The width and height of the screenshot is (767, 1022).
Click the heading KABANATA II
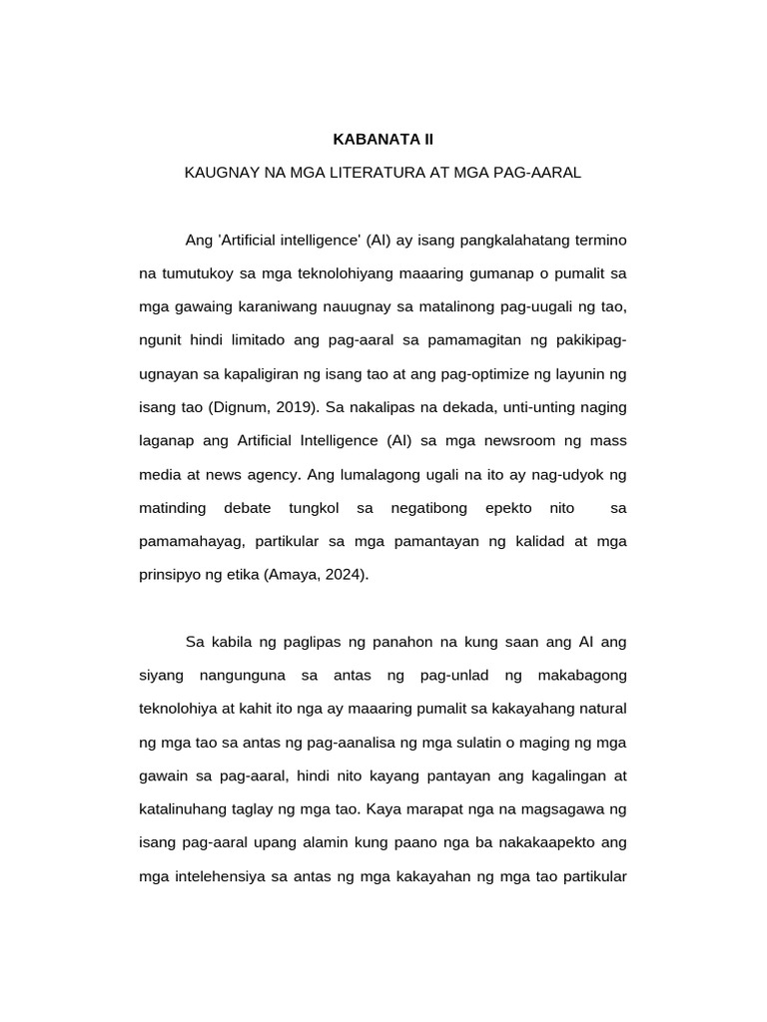click(383, 139)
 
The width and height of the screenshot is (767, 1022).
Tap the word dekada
click(477, 407)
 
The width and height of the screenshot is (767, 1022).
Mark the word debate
click(247, 508)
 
